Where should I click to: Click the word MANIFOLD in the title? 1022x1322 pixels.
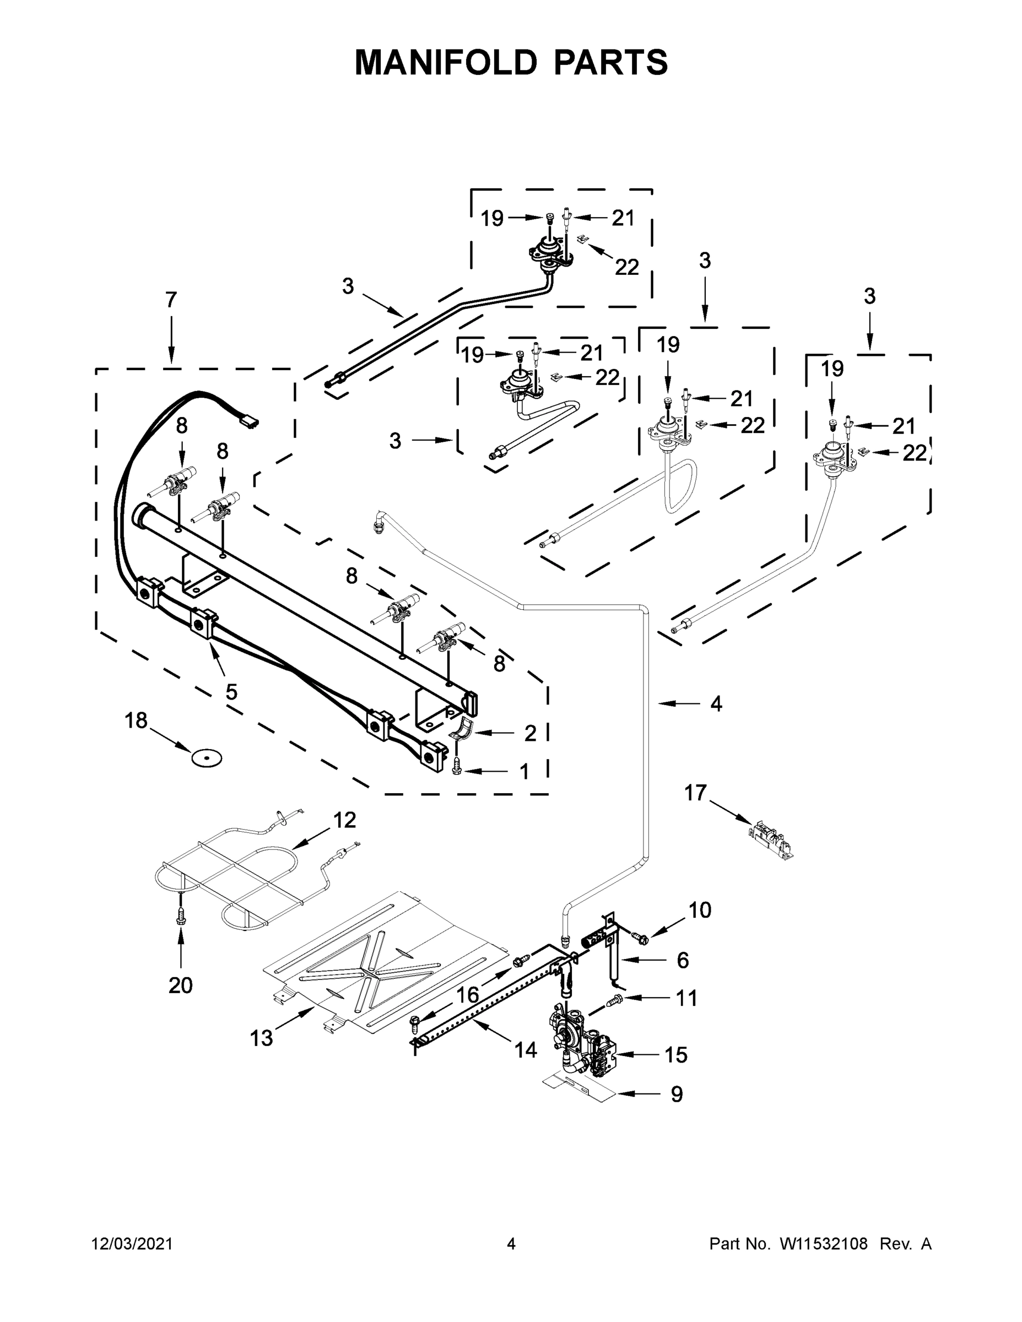pyautogui.click(x=445, y=62)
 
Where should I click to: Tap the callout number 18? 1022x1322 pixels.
pyautogui.click(x=136, y=720)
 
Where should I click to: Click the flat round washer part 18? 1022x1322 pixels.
pyautogui.click(x=207, y=758)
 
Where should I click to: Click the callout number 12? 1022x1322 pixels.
pyautogui.click(x=344, y=820)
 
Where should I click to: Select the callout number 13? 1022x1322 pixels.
pyautogui.click(x=262, y=1038)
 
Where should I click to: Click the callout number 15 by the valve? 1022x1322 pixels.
pyautogui.click(x=675, y=1054)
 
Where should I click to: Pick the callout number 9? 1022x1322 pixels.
pyautogui.click(x=677, y=1094)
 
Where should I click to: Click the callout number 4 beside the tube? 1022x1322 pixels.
pyautogui.click(x=716, y=703)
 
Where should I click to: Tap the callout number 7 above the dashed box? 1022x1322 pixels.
pyautogui.click(x=171, y=299)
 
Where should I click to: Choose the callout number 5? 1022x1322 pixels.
pyautogui.click(x=231, y=691)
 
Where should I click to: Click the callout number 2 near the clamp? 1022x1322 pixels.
pyautogui.click(x=530, y=733)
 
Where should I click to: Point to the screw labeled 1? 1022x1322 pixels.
pyautogui.click(x=457, y=767)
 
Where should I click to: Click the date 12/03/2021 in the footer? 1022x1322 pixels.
pyautogui.click(x=132, y=1244)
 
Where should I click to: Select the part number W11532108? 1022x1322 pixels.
pyautogui.click(x=824, y=1244)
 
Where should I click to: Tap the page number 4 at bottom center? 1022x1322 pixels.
pyautogui.click(x=511, y=1244)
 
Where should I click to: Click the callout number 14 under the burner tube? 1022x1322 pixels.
pyautogui.click(x=526, y=1049)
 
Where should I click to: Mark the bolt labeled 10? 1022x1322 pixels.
pyautogui.click(x=639, y=938)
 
